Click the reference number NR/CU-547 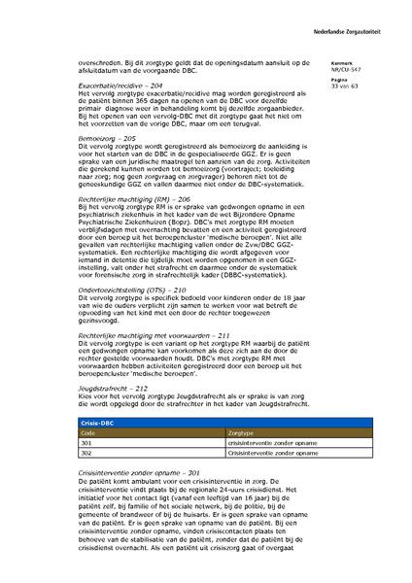(x=344, y=71)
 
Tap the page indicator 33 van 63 (x=345, y=87)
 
